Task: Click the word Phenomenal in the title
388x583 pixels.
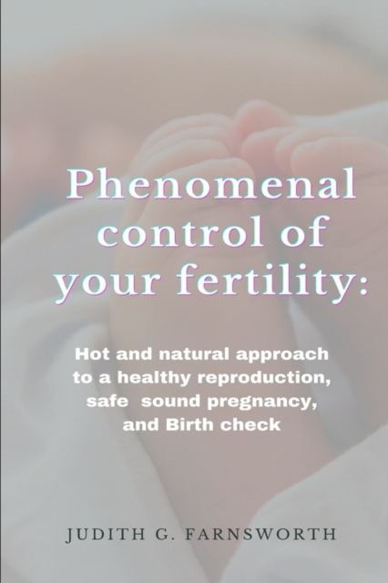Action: tap(211, 184)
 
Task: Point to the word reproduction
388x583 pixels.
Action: tap(263, 378)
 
